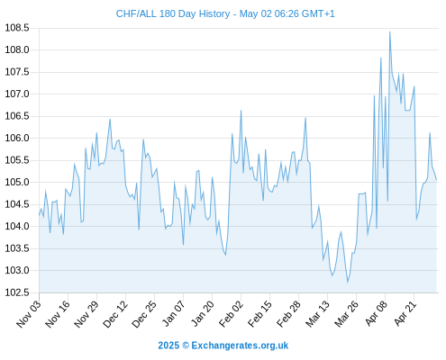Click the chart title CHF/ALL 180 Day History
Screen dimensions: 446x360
[x=173, y=13]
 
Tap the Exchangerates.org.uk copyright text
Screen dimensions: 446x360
[x=223, y=346]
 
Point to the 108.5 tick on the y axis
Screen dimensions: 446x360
[x=17, y=28]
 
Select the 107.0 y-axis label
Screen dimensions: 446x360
[x=17, y=94]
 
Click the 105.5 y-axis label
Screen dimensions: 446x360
[x=17, y=160]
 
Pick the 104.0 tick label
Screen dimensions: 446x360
[x=17, y=227]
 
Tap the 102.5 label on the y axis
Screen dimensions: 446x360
[x=17, y=292]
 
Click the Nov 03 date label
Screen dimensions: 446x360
[x=29, y=313]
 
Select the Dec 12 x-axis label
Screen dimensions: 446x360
[x=115, y=313]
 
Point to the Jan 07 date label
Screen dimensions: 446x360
[x=173, y=313]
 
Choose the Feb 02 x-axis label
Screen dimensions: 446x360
[x=231, y=313]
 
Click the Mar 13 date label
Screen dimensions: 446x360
[x=317, y=313]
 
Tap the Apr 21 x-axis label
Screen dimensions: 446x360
[x=405, y=313]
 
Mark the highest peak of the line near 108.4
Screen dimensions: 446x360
[x=390, y=31]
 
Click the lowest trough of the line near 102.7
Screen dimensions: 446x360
[x=348, y=283]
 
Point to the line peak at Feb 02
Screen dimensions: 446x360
[x=241, y=111]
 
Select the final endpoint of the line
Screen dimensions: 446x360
[x=436, y=180]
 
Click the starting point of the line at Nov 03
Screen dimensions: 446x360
[x=39, y=215]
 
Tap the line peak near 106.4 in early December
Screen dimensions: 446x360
[x=110, y=119]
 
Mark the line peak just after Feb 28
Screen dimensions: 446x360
[x=305, y=118]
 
